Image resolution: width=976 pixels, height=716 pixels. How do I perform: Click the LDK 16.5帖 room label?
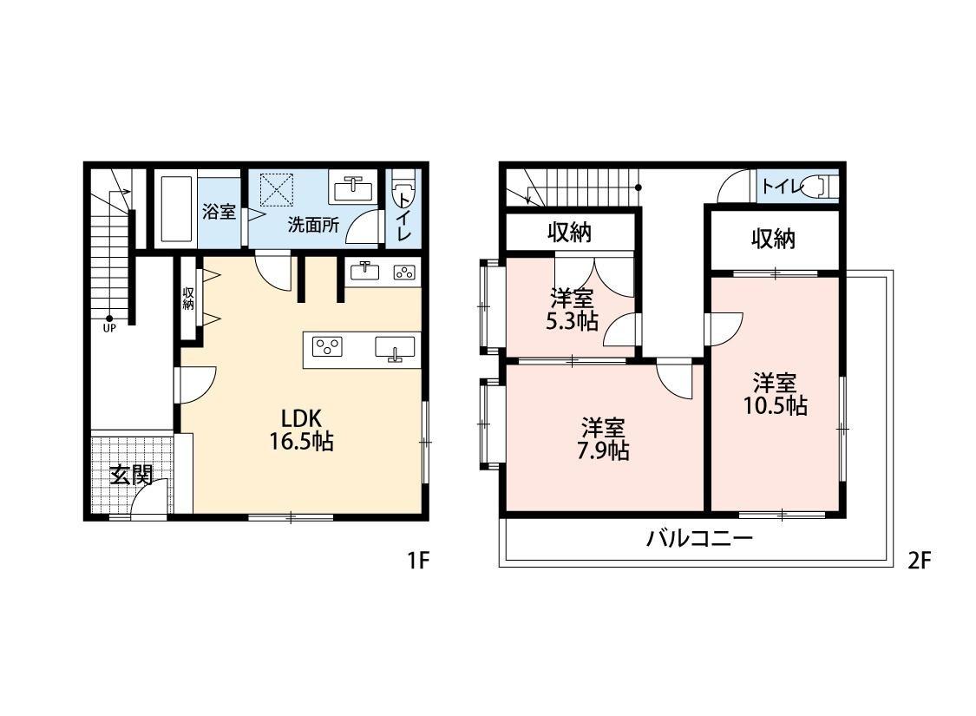(x=301, y=429)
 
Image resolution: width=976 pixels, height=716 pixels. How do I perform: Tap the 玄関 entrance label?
(x=131, y=475)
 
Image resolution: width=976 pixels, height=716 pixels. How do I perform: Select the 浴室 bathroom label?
(x=219, y=211)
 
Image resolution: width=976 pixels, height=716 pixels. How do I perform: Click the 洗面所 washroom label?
(x=313, y=223)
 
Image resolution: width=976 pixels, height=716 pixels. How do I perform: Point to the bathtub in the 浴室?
(x=176, y=208)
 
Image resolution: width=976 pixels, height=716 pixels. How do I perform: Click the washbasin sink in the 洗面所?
(x=352, y=187)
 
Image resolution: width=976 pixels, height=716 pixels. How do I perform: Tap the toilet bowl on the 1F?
(x=403, y=189)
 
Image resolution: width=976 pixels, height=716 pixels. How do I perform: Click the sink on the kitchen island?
(x=395, y=348)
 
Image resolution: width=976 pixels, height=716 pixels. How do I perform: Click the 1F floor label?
(x=418, y=562)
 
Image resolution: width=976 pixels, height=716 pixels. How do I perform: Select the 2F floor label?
(x=919, y=562)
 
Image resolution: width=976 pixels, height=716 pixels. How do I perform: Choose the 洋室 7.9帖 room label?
(x=605, y=439)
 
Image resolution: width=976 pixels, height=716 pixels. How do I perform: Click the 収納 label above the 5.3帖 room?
(x=569, y=233)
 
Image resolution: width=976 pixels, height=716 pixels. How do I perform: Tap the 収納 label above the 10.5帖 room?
(x=774, y=239)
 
